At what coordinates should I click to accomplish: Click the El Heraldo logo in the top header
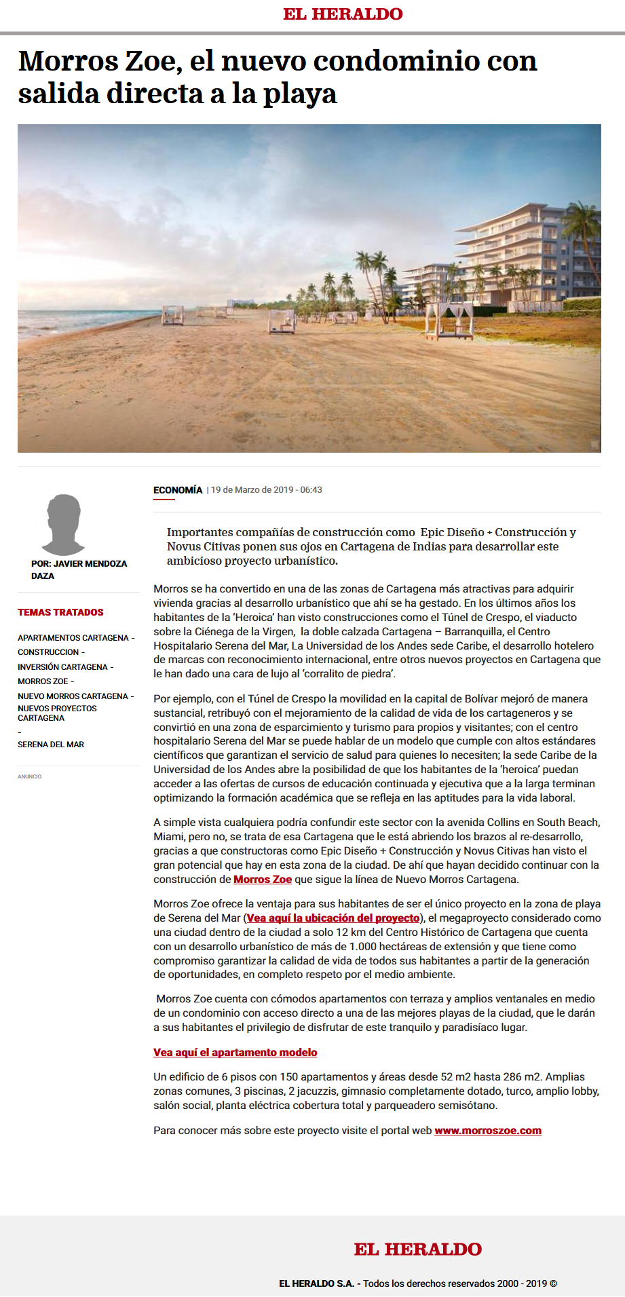(x=343, y=14)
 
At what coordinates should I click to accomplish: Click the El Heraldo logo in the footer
(x=417, y=1249)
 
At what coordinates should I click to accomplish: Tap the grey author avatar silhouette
(x=63, y=524)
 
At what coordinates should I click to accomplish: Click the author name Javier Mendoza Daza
(x=79, y=569)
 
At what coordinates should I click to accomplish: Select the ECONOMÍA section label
(x=178, y=490)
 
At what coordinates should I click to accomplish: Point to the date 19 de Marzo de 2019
(x=252, y=490)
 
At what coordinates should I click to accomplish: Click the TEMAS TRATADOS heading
(x=60, y=612)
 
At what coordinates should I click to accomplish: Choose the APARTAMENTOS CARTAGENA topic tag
(x=73, y=638)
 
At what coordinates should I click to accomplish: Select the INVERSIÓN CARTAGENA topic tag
(x=62, y=667)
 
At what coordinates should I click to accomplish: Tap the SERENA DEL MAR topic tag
(x=51, y=745)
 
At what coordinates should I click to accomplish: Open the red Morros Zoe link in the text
(x=263, y=880)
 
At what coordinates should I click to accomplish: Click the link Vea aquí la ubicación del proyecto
(x=333, y=918)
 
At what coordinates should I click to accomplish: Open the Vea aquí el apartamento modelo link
(x=235, y=1053)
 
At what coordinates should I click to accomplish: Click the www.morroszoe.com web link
(x=488, y=1131)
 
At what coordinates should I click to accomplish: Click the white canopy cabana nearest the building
(x=448, y=319)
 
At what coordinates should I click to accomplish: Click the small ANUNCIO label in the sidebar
(x=30, y=776)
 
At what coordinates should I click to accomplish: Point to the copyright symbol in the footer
(x=553, y=1283)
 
